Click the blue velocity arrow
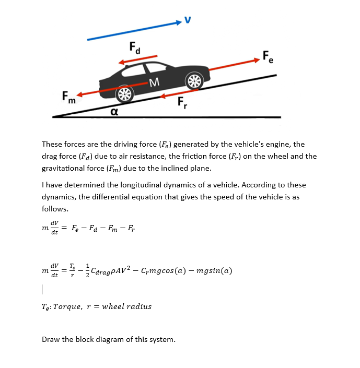coord(134,31)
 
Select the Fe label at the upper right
coord(268,56)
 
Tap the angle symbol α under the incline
coord(113,111)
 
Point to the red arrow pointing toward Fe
coord(230,69)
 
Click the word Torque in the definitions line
coord(71,306)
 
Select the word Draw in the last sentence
coord(51,339)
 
